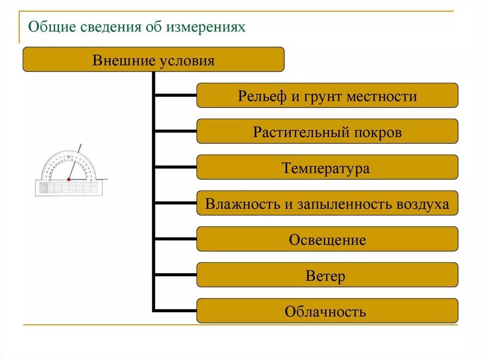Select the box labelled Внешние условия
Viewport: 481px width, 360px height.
point(153,60)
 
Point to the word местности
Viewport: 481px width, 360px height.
point(382,97)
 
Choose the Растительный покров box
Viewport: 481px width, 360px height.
point(327,131)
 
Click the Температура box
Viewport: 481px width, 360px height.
point(327,168)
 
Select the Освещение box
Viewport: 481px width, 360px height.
point(327,239)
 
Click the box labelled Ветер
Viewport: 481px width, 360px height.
point(327,275)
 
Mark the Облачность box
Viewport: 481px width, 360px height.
point(327,311)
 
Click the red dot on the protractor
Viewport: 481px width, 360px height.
point(69,179)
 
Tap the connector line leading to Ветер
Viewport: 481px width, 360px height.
point(175,275)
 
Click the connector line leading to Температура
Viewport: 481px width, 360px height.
point(175,167)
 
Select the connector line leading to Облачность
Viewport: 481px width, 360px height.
point(175,310)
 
